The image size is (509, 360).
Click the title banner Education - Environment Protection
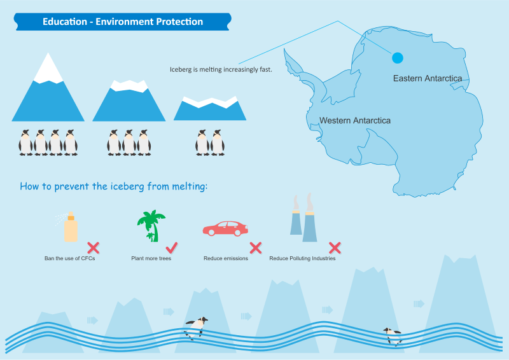(122, 22)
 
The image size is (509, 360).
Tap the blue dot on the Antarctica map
(398, 58)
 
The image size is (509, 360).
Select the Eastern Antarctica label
(428, 78)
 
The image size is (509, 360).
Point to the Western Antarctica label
(355, 120)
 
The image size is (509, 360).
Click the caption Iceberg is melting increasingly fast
(221, 69)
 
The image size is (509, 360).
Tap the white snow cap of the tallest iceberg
(48, 69)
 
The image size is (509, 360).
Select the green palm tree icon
(151, 226)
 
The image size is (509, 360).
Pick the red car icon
(225, 228)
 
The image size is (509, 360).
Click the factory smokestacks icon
(303, 218)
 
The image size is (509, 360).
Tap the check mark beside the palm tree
(172, 247)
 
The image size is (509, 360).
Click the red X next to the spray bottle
(94, 248)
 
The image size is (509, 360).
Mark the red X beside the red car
(256, 247)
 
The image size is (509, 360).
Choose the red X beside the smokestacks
(335, 247)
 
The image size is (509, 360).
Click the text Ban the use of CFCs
(70, 258)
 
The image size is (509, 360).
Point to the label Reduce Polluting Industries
(302, 258)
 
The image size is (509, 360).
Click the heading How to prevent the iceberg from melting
(114, 186)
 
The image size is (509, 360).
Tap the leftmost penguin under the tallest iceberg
(25, 142)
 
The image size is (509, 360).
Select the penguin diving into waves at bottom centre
(196, 328)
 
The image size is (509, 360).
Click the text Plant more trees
(151, 258)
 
